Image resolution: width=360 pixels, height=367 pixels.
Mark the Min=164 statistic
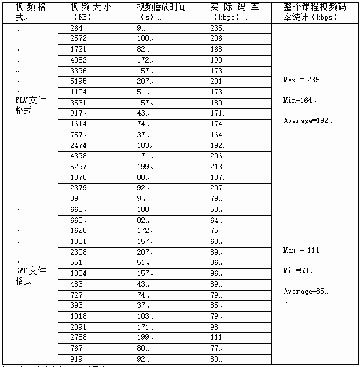[299, 100]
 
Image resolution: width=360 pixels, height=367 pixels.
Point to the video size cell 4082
[80, 59]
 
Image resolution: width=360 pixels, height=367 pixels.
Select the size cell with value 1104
[80, 91]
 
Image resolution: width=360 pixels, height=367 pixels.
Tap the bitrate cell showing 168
[217, 49]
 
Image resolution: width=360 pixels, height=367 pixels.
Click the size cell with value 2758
[80, 336]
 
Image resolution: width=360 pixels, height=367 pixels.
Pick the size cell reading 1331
[80, 241]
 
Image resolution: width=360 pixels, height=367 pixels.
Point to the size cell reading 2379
[80, 187]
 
